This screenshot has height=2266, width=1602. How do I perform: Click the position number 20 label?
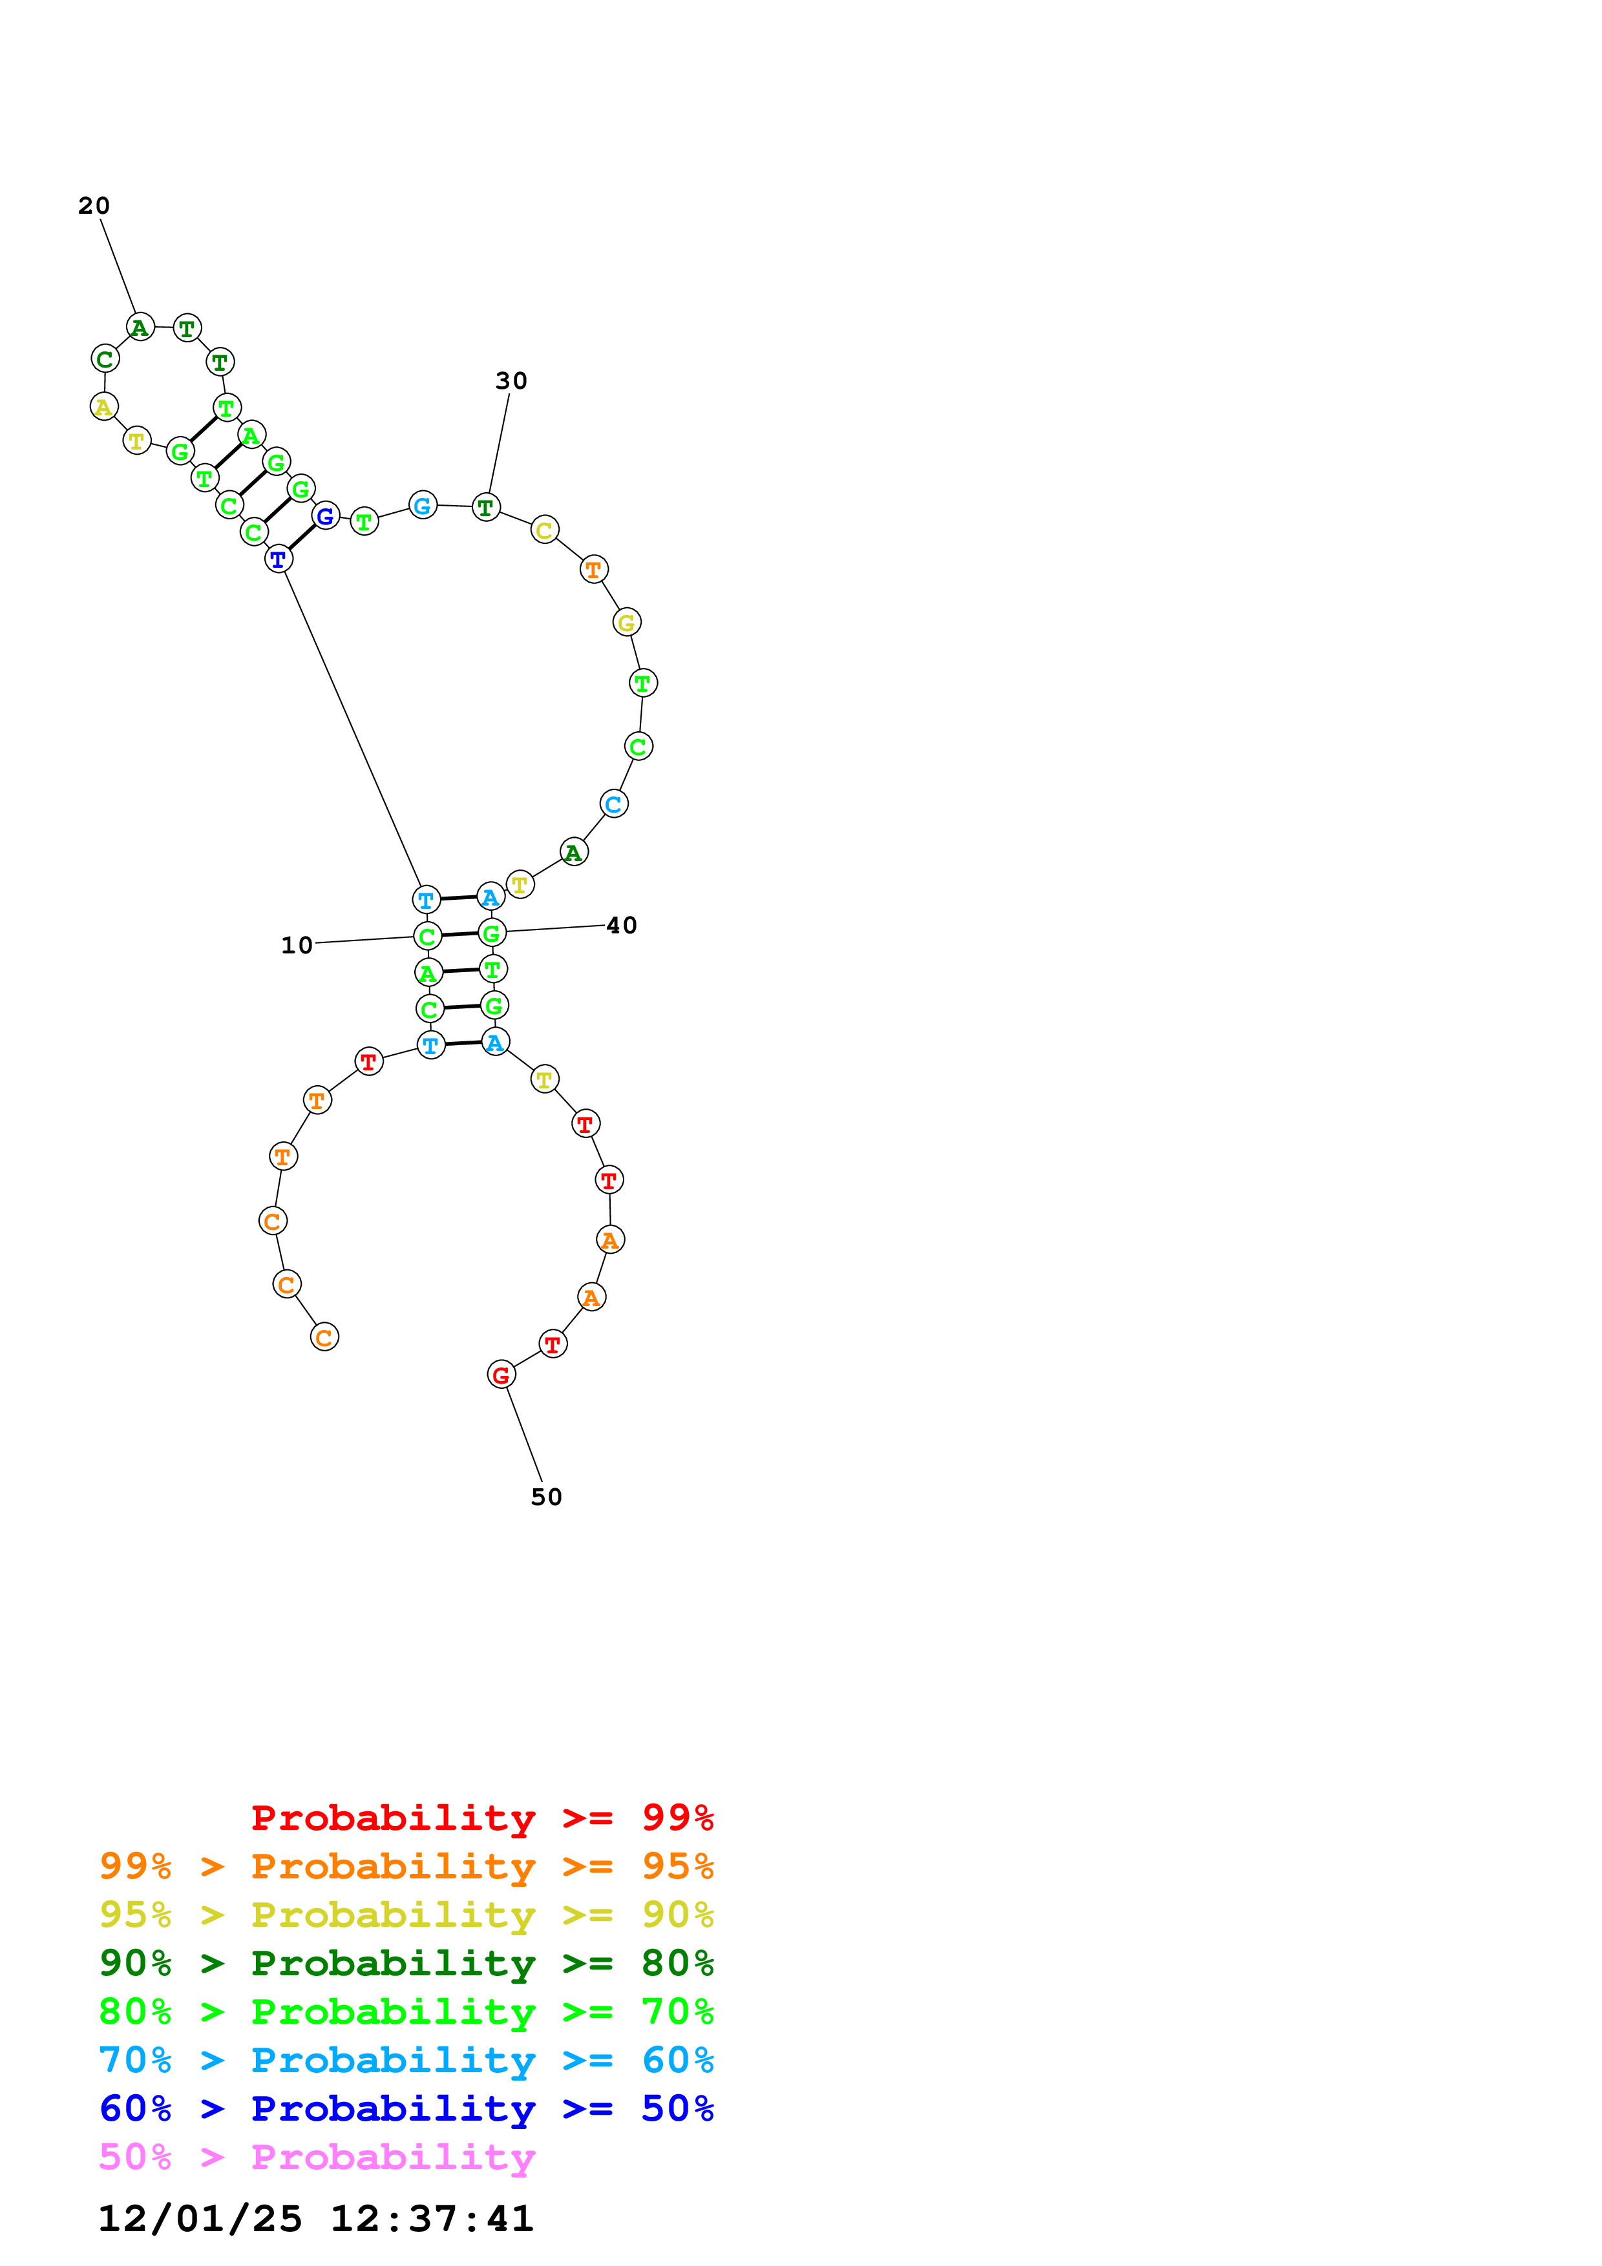click(x=94, y=205)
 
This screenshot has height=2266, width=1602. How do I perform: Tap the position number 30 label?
click(x=511, y=381)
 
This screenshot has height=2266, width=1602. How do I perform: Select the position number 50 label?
click(x=546, y=1497)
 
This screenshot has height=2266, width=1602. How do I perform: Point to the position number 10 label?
click(x=296, y=946)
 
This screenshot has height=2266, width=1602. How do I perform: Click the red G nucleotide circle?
click(x=501, y=1375)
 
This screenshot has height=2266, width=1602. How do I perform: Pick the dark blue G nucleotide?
click(x=326, y=516)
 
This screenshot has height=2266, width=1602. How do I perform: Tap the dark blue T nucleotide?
click(x=279, y=559)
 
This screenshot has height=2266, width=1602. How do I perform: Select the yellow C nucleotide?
click(x=544, y=530)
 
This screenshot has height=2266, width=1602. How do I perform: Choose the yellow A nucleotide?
click(x=103, y=406)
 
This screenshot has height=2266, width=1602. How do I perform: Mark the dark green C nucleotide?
click(x=105, y=359)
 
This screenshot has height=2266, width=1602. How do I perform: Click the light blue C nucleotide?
click(x=614, y=804)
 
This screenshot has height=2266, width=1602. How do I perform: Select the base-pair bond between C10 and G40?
click(x=459, y=935)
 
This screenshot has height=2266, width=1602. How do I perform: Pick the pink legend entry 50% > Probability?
click(x=317, y=2156)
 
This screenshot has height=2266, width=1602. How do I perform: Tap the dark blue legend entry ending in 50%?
click(x=406, y=2108)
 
